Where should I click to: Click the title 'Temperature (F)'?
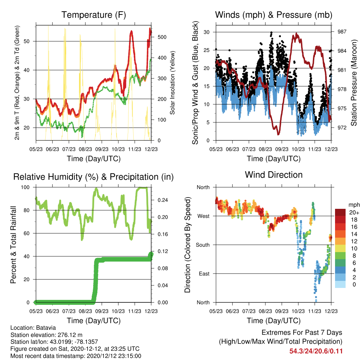pyautogui.click(x=94, y=15)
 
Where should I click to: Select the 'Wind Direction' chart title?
pyautogui.click(x=274, y=175)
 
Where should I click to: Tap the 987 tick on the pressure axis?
pyautogui.click(x=342, y=32)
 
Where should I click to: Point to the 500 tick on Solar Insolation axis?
pyautogui.click(x=162, y=37)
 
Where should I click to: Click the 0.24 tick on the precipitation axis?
pyautogui.click(x=163, y=200)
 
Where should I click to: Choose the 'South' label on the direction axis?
pyautogui.click(x=203, y=245)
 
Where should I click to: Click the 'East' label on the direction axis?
pyautogui.click(x=204, y=274)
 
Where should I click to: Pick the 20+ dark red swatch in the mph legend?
pyautogui.click(x=340, y=212)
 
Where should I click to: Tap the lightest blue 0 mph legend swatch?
pyautogui.click(x=340, y=284)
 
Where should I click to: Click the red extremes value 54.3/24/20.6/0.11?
pyautogui.click(x=316, y=351)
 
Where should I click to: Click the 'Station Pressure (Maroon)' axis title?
pyautogui.click(x=354, y=83)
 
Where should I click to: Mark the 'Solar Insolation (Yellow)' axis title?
pyautogui.click(x=172, y=83)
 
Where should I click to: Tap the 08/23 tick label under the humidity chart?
pyautogui.click(x=85, y=311)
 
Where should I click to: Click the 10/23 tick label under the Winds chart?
pyautogui.click(x=298, y=149)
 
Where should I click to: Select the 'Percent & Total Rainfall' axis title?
pyautogui.click(x=13, y=245)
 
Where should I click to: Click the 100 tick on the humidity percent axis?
pyautogui.click(x=25, y=187)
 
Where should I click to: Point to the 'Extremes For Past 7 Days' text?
pyautogui.click(x=302, y=333)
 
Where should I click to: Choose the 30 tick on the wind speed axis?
pyautogui.click(x=207, y=32)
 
